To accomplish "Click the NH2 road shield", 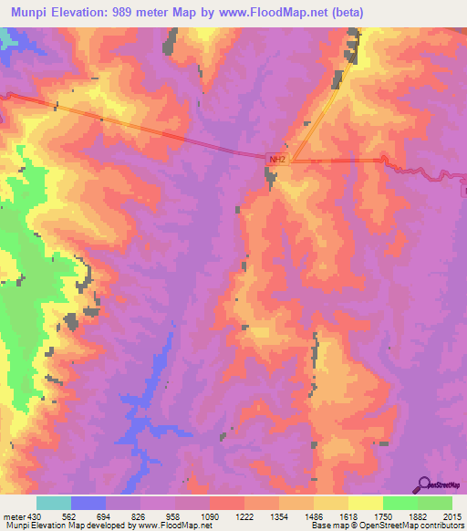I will [277, 158].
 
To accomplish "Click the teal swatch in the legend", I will [53, 503].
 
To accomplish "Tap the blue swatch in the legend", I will [88, 503].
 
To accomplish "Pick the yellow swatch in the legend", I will [365, 503].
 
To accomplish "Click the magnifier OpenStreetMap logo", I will [426, 484].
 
